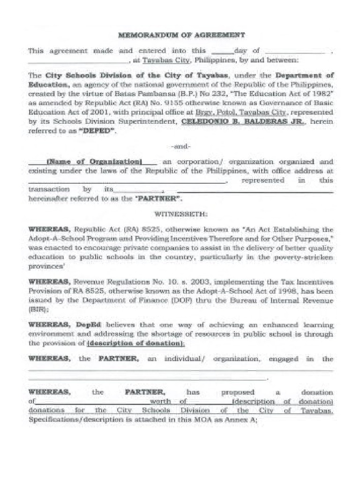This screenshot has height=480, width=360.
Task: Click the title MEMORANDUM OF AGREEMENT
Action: [181, 35]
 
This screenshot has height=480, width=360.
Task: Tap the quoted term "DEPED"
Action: [100, 131]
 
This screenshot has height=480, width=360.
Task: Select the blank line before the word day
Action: [223, 51]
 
